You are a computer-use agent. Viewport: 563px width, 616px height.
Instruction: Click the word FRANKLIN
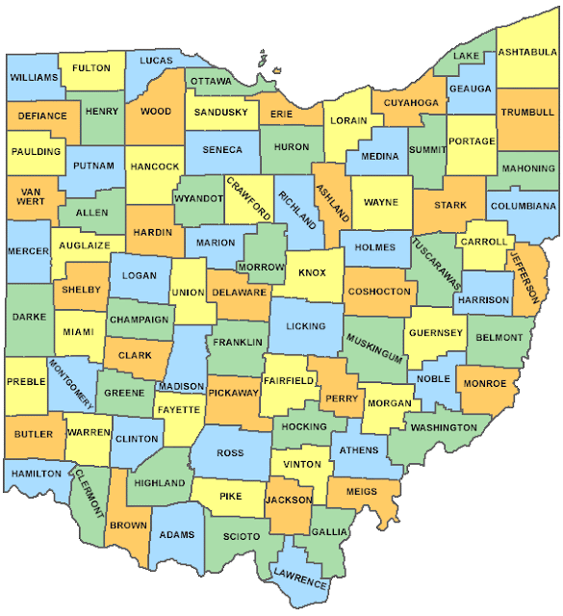(238, 342)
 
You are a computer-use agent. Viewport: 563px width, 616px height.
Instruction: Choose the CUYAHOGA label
(411, 102)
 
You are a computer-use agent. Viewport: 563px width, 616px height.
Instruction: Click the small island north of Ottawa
(261, 66)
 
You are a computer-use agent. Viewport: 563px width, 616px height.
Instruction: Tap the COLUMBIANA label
(523, 206)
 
